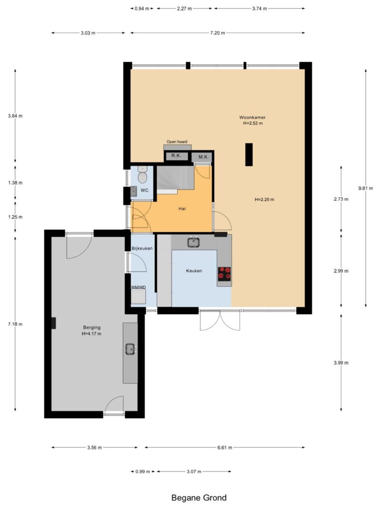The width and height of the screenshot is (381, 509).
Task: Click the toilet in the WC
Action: click(142, 175)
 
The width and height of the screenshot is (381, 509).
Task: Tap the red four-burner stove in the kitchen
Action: click(224, 273)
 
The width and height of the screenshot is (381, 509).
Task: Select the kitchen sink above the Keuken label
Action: click(193, 242)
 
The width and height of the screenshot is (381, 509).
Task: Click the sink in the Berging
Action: click(130, 349)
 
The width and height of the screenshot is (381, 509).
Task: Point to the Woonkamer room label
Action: click(252, 117)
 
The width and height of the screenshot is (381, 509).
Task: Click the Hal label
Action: click(182, 209)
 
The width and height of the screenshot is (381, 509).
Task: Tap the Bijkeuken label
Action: click(142, 249)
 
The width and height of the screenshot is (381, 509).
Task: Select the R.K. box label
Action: click(176, 156)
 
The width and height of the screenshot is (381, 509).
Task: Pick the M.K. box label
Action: click(203, 157)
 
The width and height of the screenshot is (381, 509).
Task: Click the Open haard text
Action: click(177, 142)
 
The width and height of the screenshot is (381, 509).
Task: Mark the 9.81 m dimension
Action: click(365, 188)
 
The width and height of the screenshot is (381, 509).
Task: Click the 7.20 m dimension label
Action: click(217, 33)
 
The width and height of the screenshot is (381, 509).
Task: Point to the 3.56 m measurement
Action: click(94, 447)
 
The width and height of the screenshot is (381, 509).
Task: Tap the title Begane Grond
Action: click(199, 498)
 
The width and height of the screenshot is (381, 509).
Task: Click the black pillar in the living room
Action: click(249, 155)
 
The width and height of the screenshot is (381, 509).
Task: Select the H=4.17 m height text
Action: click(92, 333)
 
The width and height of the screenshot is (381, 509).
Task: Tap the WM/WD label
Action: click(138, 287)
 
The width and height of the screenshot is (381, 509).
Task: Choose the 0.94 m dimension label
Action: click(141, 9)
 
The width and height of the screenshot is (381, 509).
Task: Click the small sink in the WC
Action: click(133, 191)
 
